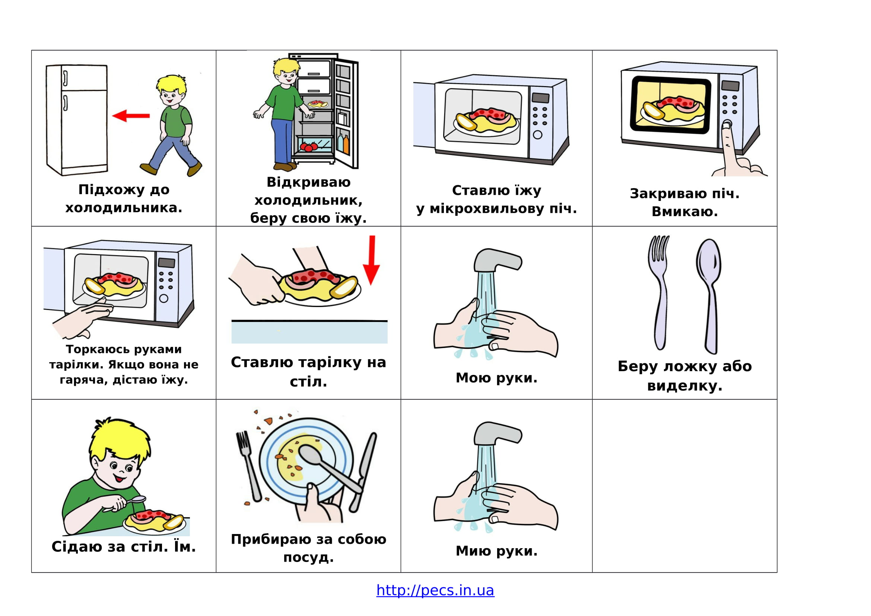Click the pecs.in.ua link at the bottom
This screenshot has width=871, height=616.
pos(435,590)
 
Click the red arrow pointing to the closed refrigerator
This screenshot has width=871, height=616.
pos(131,116)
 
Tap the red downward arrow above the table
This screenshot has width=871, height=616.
pos(371,260)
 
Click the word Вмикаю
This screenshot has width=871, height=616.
pos(685,212)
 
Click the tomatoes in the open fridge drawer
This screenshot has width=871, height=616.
pos(308,146)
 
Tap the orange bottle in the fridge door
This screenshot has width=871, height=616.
pos(346,145)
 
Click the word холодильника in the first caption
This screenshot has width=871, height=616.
pos(124,208)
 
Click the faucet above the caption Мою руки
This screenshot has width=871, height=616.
pos(498,260)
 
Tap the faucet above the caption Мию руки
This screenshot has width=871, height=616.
pos(498,433)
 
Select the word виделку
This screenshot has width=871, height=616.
pos(685,386)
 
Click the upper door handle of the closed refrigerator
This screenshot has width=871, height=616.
pos(65,78)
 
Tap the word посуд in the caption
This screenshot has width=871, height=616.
pos(308,557)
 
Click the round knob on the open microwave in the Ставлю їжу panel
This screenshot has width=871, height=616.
pos(538,135)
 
